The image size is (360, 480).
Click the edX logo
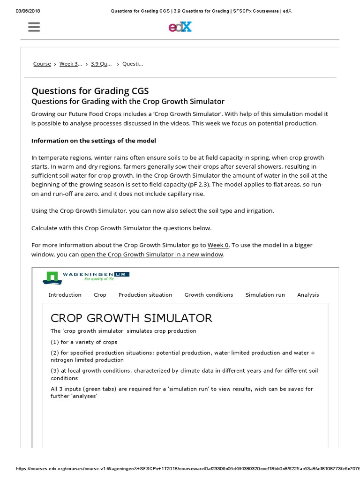(x=180, y=27)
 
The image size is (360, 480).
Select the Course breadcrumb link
(x=42, y=64)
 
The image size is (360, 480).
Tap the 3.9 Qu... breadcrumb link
(x=101, y=64)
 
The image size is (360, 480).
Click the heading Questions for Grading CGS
(x=90, y=90)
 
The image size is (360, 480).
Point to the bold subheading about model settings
(x=94, y=141)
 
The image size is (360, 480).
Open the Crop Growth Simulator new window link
(x=152, y=255)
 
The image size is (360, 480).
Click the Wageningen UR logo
(x=86, y=277)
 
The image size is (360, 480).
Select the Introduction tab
(x=65, y=295)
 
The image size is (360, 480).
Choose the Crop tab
(x=100, y=295)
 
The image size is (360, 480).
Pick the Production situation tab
(x=145, y=295)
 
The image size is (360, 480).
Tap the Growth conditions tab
(x=209, y=295)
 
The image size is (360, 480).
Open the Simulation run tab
(x=265, y=295)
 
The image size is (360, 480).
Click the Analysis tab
(x=308, y=295)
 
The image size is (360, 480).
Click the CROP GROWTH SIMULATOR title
(x=131, y=318)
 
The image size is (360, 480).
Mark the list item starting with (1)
(x=84, y=342)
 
